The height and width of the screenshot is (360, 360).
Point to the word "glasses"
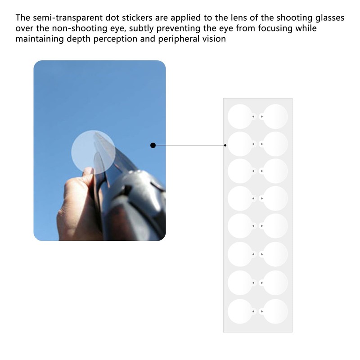[x=327, y=18]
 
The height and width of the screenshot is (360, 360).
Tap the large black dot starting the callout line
[x=153, y=145]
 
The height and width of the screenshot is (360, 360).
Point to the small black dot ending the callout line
[x=225, y=145]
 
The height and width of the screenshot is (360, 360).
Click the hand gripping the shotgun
[x=76, y=198]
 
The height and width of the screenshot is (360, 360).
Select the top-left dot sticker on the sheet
[x=239, y=116]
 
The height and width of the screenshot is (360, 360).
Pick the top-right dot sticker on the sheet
[x=275, y=116]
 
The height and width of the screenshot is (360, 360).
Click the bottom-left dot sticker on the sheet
[x=239, y=311]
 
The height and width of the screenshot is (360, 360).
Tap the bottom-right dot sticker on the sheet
[x=275, y=311]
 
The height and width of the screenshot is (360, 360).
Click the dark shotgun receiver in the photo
[x=139, y=193]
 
